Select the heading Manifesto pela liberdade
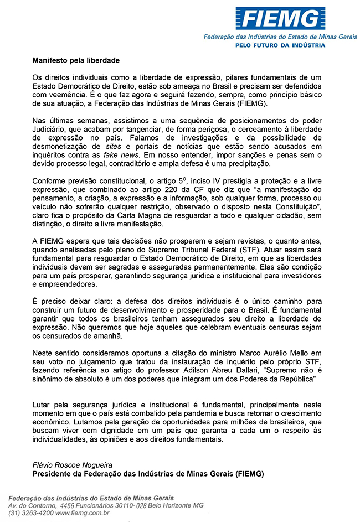pos(75,59)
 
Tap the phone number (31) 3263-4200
pos(30,513)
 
